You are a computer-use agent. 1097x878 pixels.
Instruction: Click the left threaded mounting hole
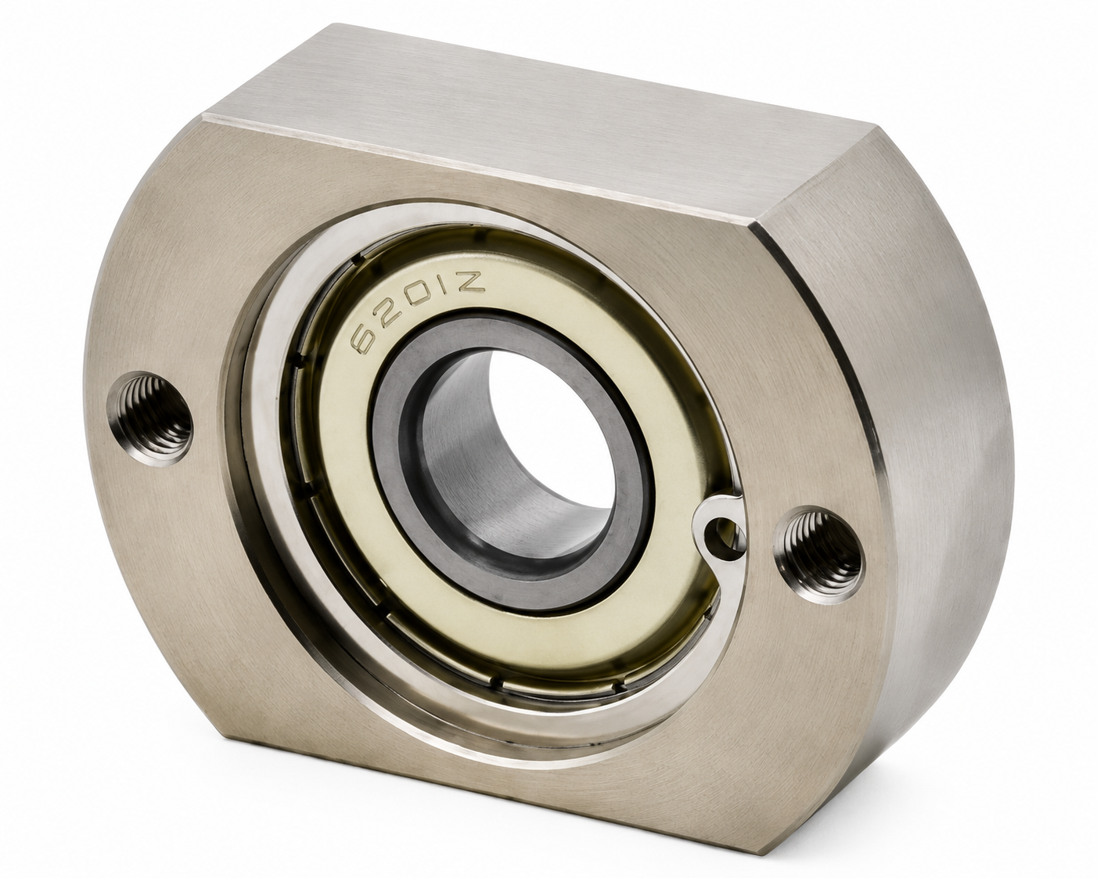[x=150, y=419]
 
